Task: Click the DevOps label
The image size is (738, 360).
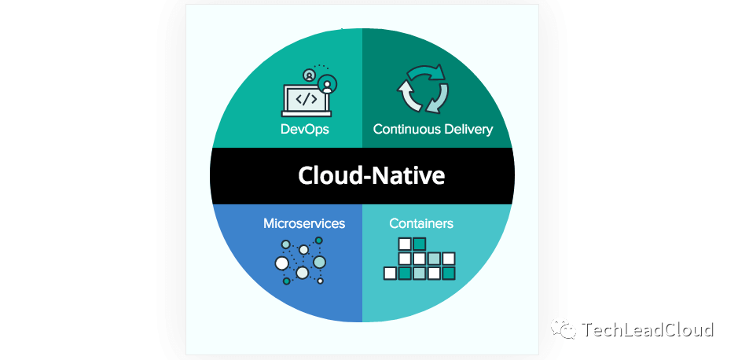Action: click(304, 129)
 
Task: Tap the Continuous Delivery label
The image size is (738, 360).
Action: click(433, 129)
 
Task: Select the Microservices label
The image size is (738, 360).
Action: click(304, 223)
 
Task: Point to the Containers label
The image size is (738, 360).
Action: click(421, 223)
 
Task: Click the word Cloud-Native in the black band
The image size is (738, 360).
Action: click(371, 175)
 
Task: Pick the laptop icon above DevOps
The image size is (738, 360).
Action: click(306, 99)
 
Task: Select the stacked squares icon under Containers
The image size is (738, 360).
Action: click(420, 259)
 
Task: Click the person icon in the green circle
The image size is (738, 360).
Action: click(326, 83)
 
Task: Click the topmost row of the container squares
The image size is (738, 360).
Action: click(412, 244)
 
